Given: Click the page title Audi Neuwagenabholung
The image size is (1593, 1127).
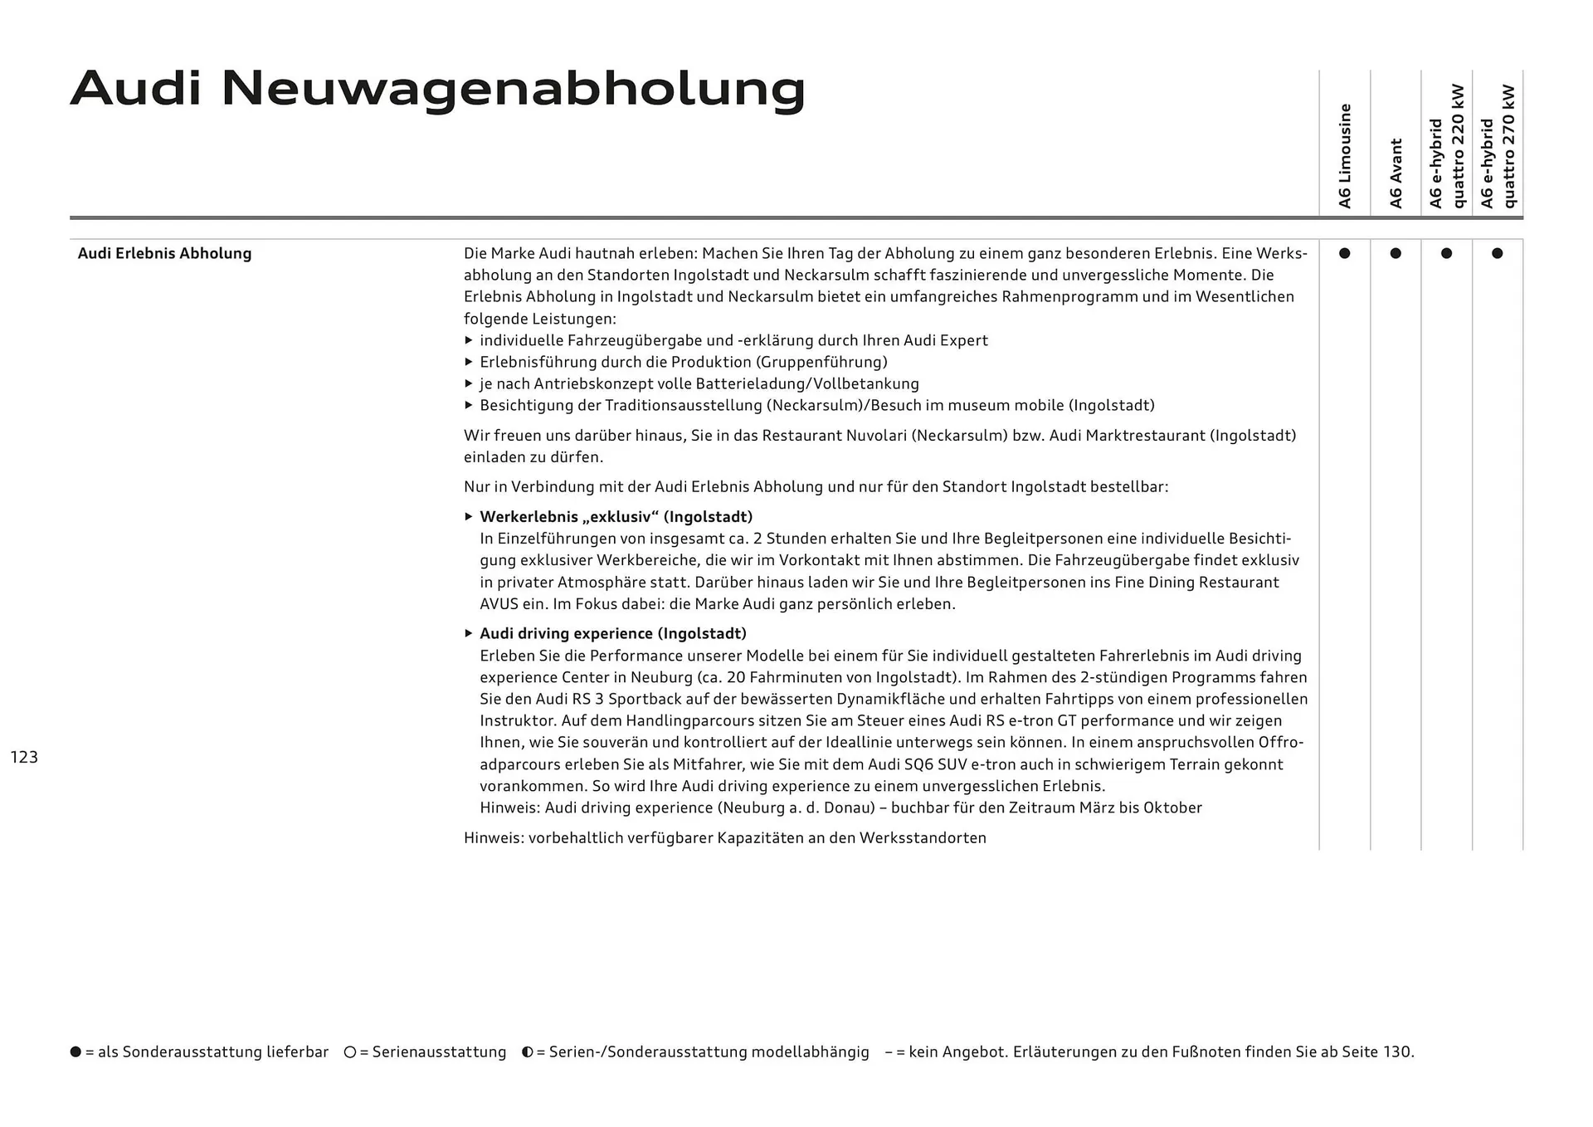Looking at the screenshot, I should click(x=437, y=90).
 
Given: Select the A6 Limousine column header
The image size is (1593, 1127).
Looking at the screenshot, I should click(x=1345, y=156).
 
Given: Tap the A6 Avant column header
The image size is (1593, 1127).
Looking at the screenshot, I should click(x=1396, y=173).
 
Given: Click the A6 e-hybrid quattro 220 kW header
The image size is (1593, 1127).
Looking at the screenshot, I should click(x=1447, y=146).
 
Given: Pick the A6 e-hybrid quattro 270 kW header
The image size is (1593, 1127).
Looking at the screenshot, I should click(x=1498, y=146).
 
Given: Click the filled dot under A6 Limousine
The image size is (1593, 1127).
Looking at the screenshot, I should click(x=1344, y=253).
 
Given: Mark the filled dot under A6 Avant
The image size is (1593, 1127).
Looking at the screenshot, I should click(x=1396, y=253).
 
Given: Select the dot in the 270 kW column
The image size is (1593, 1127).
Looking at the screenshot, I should click(x=1497, y=253).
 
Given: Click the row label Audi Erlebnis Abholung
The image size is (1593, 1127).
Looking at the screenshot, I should click(x=164, y=253).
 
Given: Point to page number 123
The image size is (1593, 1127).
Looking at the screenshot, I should click(x=24, y=757).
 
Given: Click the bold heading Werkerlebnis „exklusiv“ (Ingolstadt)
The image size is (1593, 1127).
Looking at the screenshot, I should click(x=616, y=517).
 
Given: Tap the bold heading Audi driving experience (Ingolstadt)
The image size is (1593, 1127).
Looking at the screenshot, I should click(x=612, y=633).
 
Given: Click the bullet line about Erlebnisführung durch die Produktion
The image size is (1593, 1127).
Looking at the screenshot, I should click(x=683, y=362).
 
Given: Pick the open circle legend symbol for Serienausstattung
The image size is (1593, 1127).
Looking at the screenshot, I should click(x=350, y=1052).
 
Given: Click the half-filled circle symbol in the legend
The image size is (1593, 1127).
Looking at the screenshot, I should click(x=527, y=1052).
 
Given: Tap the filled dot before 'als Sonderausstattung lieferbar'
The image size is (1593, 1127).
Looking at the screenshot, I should click(x=76, y=1052).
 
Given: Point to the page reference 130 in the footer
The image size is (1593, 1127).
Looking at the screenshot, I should click(x=1396, y=1052).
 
